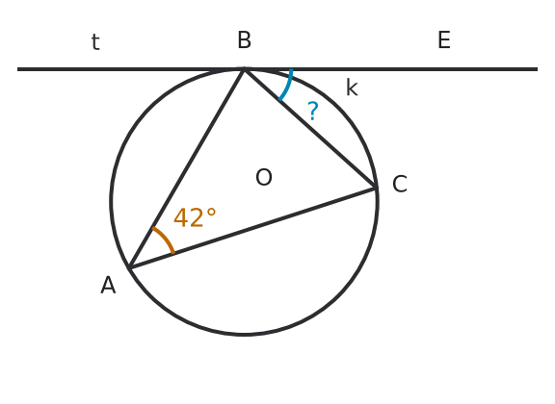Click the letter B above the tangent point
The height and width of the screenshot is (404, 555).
244,40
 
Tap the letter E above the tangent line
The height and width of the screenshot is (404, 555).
444,40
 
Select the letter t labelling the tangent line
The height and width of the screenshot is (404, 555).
95,41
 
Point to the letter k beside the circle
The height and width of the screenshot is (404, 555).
352,88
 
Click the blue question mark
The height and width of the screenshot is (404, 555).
313,111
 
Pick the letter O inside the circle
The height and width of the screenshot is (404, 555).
264,177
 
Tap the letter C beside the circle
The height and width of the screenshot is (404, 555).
400,184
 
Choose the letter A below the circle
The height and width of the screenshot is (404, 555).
108,286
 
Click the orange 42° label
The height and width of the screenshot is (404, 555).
195,217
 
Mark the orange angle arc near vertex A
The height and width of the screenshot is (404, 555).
166,239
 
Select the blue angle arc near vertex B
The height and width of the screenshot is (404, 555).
287,86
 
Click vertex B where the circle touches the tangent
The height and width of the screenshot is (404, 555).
244,69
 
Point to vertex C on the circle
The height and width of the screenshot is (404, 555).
375,188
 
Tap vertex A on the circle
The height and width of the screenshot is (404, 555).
129,267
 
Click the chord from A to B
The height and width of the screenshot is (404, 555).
187,168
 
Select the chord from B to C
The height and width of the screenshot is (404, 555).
309,129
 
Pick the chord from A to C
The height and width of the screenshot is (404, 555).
252,228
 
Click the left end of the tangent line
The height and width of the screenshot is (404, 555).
18,69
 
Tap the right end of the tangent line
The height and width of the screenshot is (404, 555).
538,69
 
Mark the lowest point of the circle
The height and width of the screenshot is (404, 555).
244,334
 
